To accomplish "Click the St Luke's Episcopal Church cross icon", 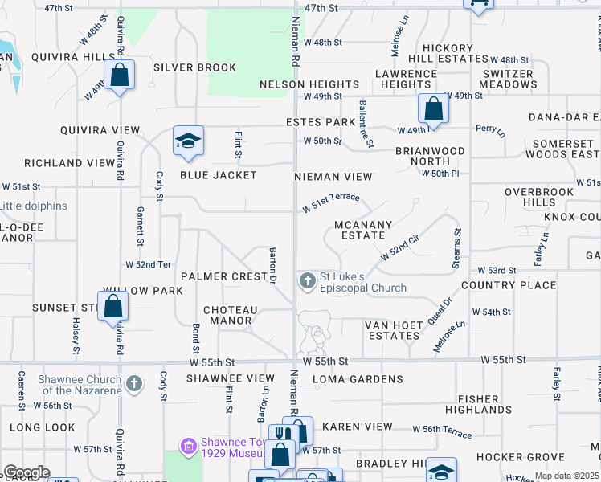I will tap(307, 280).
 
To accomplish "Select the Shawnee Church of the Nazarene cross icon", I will tap(134, 383).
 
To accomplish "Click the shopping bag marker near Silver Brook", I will tap(120, 76).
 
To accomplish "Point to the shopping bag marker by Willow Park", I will tap(112, 306).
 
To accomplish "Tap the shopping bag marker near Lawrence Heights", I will tap(432, 108).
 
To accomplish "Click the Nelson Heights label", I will tap(309, 84).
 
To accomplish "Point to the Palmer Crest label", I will tap(223, 276).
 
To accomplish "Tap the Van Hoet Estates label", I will tap(394, 330).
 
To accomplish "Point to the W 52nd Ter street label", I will tap(149, 264).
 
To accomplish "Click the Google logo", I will tap(27, 472).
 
